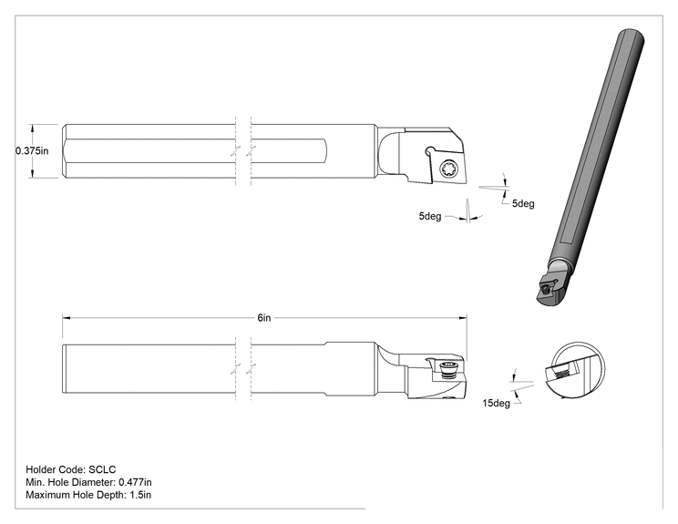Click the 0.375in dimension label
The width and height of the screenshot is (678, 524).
pos(32,151)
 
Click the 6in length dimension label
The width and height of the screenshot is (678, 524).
pos(264,318)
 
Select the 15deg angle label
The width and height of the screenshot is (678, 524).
pos(496,403)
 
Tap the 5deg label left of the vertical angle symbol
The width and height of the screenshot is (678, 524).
pos(430,216)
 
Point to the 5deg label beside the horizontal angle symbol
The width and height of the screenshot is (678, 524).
pos(523,203)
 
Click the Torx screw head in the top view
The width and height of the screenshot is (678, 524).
pos(446,169)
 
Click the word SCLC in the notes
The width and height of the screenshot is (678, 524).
pos(102,469)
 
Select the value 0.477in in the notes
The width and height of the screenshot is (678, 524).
pos(136,482)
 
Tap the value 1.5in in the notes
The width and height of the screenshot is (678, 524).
pos(140,495)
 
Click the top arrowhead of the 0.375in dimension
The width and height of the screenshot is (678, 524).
pos(32,128)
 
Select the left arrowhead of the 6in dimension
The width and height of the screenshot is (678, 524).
pos(67,318)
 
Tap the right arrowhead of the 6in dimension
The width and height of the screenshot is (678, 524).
pos(463,318)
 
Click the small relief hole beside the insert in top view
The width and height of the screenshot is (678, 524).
pos(429,150)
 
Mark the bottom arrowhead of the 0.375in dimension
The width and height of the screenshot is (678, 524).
pos(32,174)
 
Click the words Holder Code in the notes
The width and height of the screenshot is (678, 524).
pos(56,469)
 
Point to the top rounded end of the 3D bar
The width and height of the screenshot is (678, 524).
pos(632,36)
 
